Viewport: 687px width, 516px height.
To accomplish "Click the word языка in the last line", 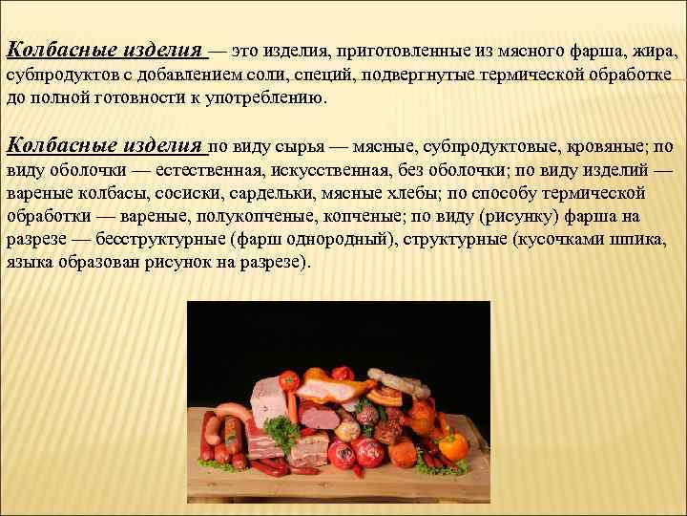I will (29, 263).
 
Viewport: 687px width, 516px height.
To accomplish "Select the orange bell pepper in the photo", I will (452, 445).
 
